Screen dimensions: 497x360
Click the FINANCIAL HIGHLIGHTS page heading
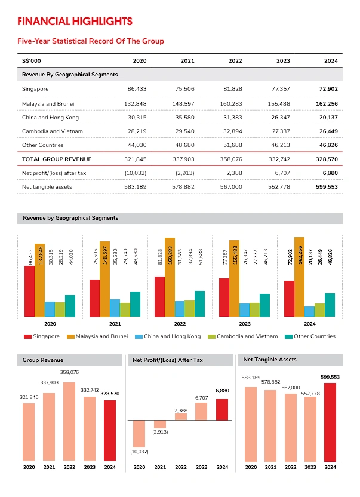[75, 22]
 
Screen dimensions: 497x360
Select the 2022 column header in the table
[234, 61]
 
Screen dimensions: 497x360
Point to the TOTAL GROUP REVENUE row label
[56, 159]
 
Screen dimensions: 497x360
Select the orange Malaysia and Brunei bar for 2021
[104, 279]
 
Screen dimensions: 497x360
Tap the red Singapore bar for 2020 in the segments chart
[29, 291]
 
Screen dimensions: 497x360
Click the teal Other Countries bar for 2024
[330, 305]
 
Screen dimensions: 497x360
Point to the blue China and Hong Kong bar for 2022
[179, 309]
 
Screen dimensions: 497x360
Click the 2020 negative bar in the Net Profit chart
[139, 433]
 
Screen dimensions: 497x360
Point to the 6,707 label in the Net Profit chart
[201, 397]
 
